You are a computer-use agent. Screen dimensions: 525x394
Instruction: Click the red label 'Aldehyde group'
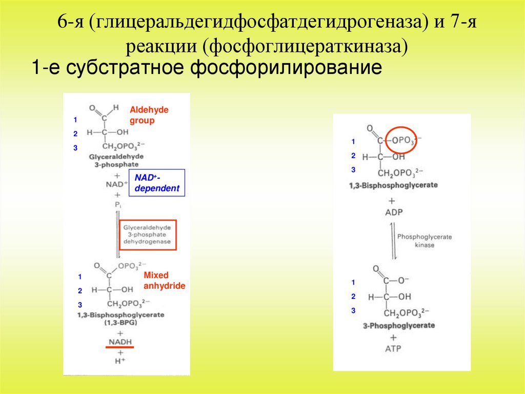pos(149,115)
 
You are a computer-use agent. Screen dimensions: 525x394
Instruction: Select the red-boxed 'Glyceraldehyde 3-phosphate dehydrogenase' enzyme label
pos(148,235)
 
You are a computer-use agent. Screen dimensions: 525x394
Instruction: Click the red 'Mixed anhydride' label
pos(164,280)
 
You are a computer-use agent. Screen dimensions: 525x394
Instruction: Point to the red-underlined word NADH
pos(119,342)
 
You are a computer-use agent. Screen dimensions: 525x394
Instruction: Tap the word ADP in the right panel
pos(392,212)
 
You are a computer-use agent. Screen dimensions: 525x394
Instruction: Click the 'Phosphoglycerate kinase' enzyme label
pos(425,241)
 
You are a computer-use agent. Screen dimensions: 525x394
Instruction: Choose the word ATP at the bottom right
pos(393,349)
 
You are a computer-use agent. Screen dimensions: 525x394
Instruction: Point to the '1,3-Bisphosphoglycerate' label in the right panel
pos(393,185)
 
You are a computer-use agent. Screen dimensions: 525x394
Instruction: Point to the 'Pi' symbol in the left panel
pos(118,205)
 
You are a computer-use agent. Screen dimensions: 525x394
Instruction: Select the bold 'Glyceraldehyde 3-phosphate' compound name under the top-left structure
pos(116,160)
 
